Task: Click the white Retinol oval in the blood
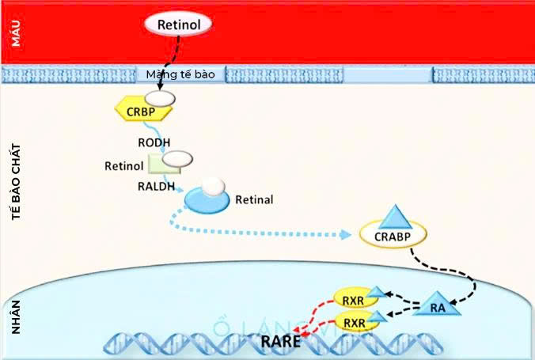[178, 25]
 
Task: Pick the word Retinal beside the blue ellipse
[254, 199]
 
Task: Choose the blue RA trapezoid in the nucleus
[437, 307]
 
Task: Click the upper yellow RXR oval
[354, 299]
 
